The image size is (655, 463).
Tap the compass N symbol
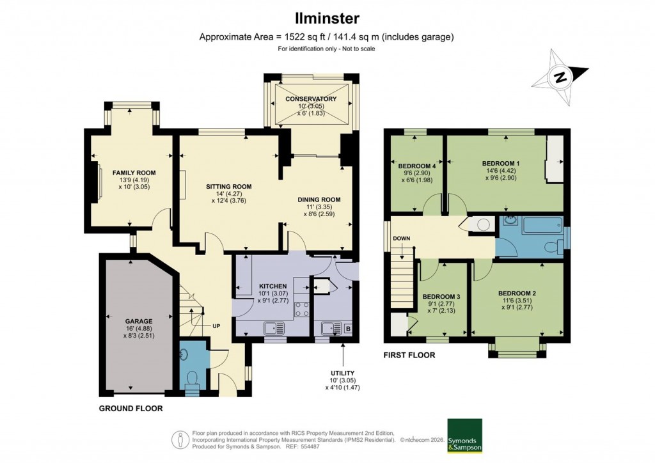[x=560, y=78]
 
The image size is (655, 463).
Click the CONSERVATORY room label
[x=311, y=99]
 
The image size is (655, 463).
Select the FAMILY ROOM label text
[x=134, y=173]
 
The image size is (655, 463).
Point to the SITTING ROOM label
[x=228, y=187]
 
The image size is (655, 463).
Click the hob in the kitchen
[x=302, y=310]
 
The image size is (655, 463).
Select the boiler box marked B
[x=349, y=329]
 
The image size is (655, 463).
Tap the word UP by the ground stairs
[x=216, y=326]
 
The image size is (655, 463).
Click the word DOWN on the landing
[x=402, y=239]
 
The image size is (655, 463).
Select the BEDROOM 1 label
[x=500, y=164]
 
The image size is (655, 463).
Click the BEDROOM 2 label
[x=517, y=293]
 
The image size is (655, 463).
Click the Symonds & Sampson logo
[x=464, y=436]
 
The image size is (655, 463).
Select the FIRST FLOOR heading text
[x=409, y=355]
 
